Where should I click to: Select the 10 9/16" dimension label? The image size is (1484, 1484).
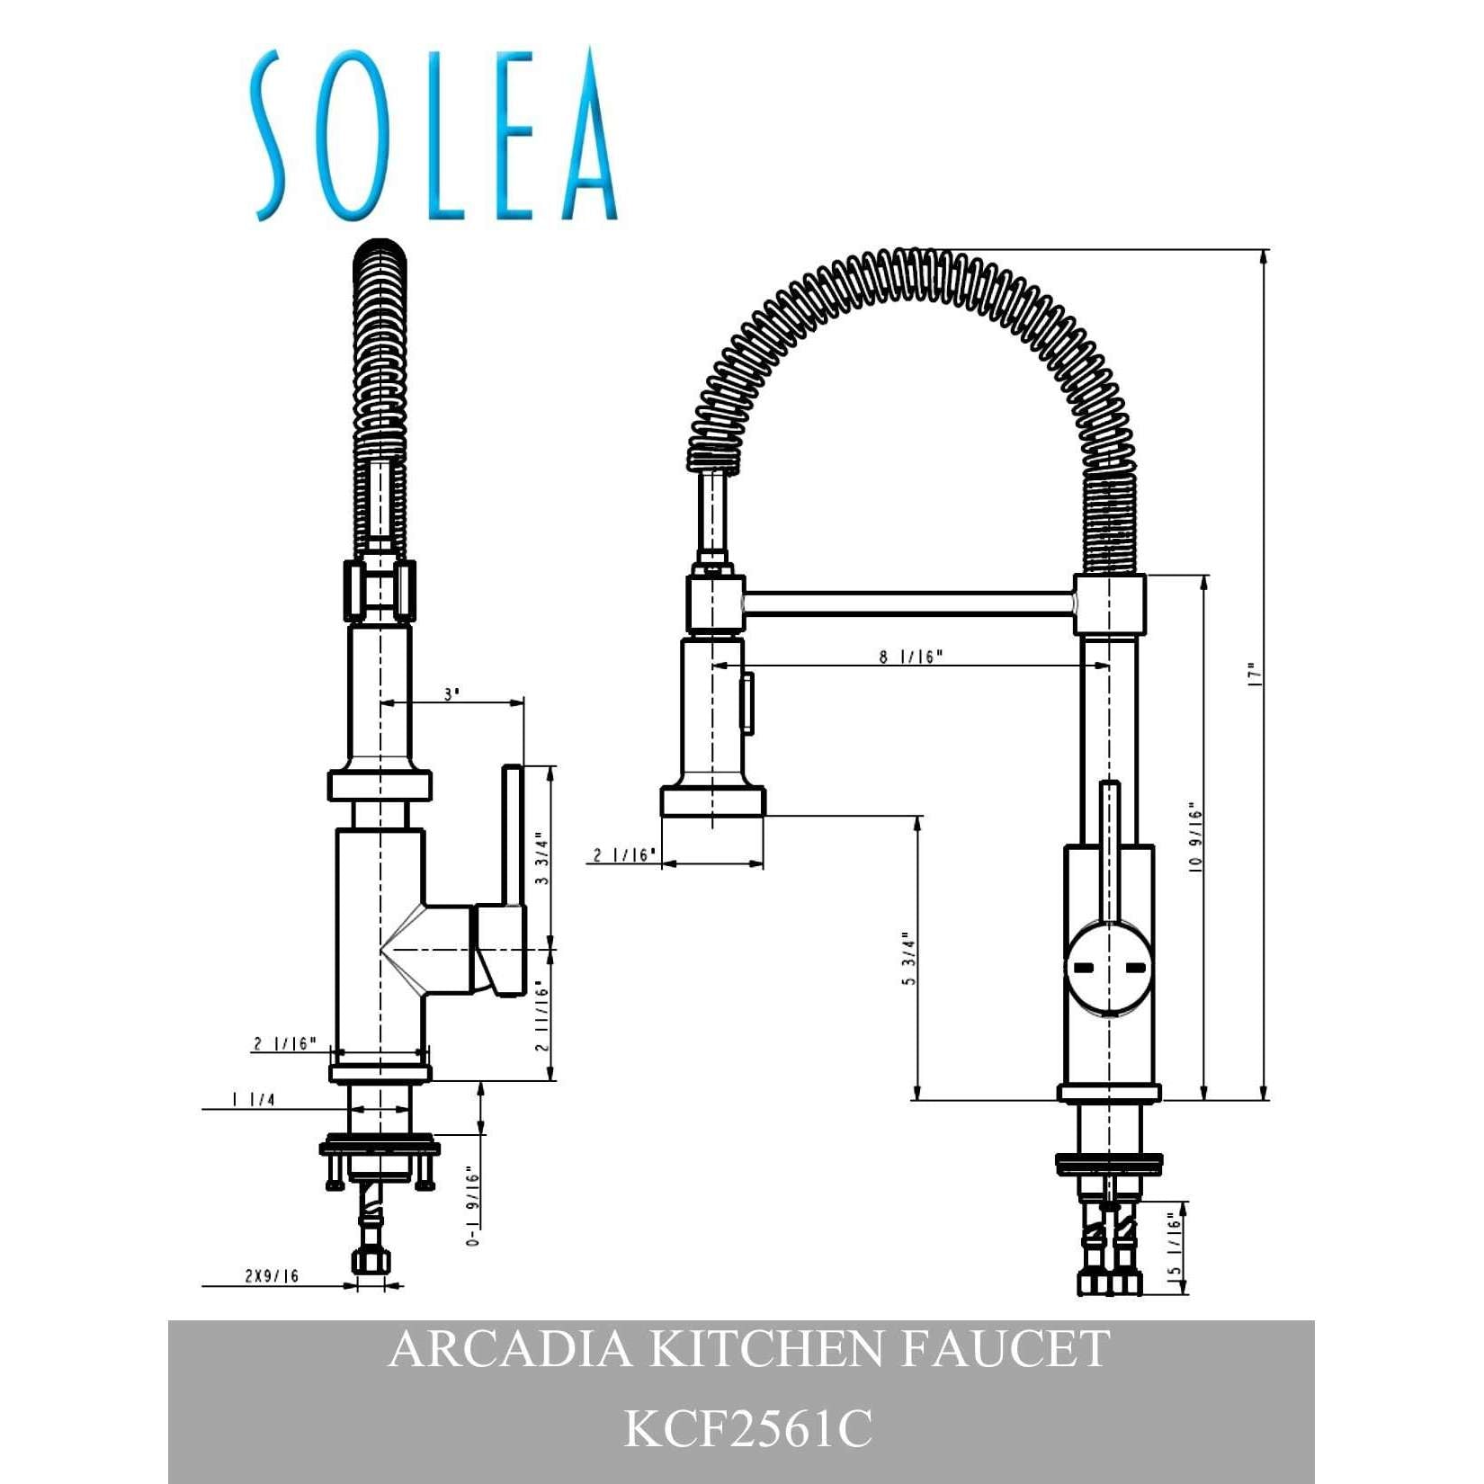pos(1195,837)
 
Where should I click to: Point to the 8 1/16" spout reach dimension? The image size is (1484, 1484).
pos(911,657)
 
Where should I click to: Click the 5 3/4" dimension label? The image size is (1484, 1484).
pos(909,959)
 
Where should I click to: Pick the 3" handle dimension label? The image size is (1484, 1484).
pos(451,694)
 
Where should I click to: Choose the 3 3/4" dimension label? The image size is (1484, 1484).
pos(541,858)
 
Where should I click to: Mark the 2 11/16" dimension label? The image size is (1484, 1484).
pos(541,1015)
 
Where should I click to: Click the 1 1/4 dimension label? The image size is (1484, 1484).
pos(254,1099)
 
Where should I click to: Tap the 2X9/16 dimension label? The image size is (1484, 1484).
pos(272,1275)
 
